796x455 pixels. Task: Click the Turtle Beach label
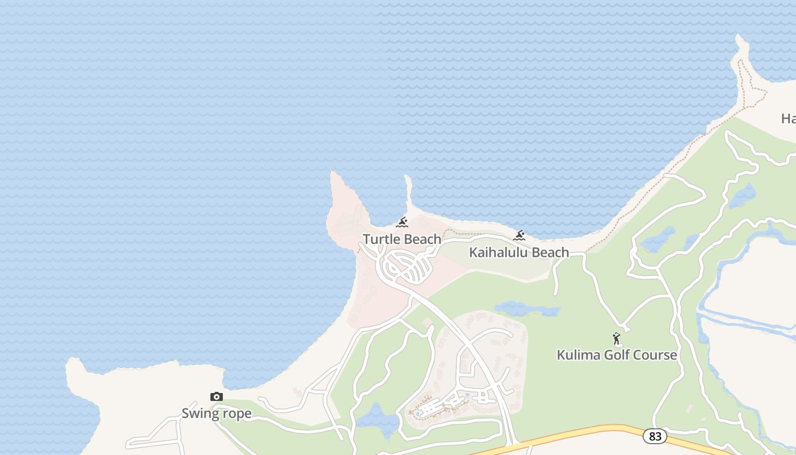click(x=402, y=239)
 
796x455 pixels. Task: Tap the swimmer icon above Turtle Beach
click(x=402, y=222)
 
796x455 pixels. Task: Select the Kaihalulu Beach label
click(x=519, y=253)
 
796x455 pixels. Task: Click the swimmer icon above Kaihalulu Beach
click(x=519, y=235)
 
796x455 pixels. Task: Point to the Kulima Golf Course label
click(x=616, y=355)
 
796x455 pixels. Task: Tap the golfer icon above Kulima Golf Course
click(x=617, y=339)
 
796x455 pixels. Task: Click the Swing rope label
click(x=216, y=413)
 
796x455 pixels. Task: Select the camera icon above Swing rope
click(x=216, y=397)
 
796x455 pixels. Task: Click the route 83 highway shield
click(x=655, y=436)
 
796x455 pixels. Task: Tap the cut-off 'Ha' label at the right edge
click(x=788, y=119)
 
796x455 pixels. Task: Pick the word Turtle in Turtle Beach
click(x=380, y=239)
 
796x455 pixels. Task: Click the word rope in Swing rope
click(x=237, y=414)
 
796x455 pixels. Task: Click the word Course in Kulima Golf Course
click(x=657, y=355)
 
